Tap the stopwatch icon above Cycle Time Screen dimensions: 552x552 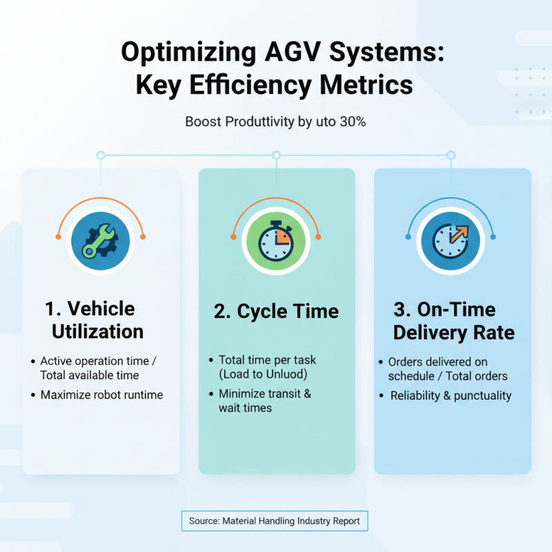[277, 242]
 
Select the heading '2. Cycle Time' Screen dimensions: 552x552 [276, 311]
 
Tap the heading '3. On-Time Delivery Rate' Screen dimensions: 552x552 [453, 321]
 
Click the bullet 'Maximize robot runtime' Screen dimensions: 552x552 [101, 395]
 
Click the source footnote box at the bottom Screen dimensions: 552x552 [275, 521]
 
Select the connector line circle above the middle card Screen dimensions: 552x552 [276, 155]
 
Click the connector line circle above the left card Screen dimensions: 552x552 [101, 155]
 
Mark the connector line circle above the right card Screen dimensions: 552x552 [451, 155]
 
